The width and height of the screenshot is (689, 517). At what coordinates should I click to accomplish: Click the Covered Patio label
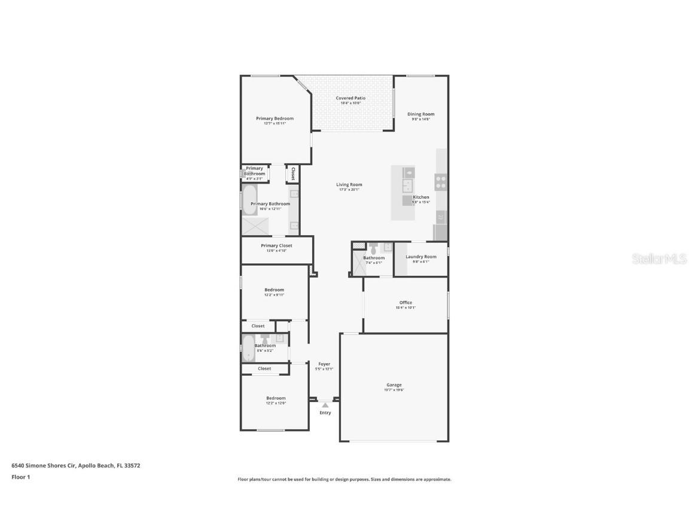pos(350,98)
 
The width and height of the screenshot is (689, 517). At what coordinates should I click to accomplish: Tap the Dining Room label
pos(420,114)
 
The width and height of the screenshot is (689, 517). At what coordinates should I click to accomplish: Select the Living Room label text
pos(349,185)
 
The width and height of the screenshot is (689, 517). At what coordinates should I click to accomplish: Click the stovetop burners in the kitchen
pos(441,182)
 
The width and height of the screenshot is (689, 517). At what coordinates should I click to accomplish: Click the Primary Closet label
pos(276,246)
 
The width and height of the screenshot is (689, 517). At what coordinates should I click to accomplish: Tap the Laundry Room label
pos(420,257)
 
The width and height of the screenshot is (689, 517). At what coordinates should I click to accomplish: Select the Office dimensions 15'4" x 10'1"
pos(406,308)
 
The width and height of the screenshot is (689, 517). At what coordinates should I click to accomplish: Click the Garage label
pos(394,385)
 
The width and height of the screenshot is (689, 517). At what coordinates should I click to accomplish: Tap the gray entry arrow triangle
pos(325,405)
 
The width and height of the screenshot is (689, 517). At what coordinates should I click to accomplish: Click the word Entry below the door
pos(325,413)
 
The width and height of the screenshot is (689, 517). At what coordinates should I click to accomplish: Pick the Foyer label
pos(324,364)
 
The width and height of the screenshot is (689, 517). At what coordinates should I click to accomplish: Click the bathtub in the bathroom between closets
pos(248,348)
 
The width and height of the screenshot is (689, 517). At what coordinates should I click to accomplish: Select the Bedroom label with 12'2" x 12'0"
pos(276,398)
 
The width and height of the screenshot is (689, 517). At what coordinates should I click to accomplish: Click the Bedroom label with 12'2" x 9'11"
pos(275,290)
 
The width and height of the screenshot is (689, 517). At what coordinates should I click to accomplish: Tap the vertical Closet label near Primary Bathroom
pos(292,174)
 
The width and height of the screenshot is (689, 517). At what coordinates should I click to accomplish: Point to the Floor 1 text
pos(21,477)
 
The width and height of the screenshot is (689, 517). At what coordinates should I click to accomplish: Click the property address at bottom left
pos(76,465)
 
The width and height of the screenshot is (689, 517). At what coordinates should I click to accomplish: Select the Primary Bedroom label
pos(275,118)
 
